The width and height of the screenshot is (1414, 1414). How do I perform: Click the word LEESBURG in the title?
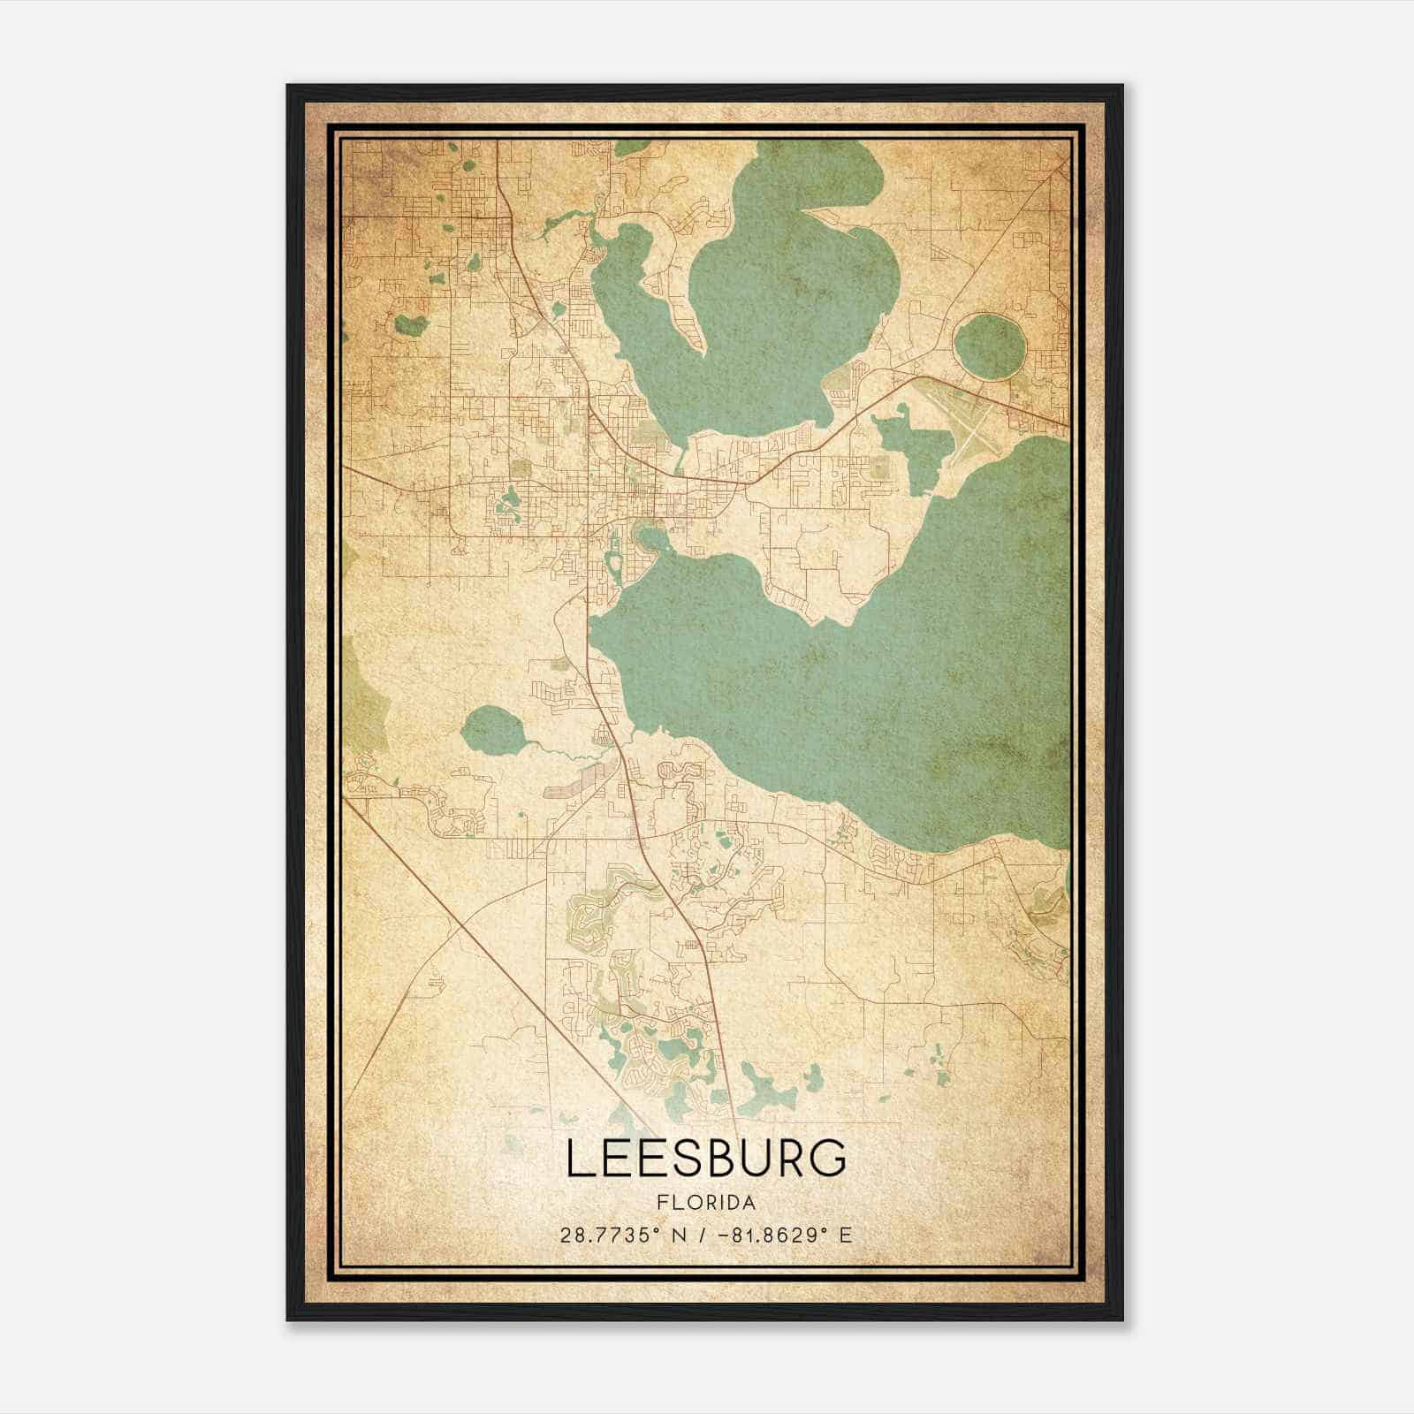point(705,1158)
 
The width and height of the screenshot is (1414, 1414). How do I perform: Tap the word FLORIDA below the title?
point(705,1203)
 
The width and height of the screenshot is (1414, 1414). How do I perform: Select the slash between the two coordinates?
point(704,1235)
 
